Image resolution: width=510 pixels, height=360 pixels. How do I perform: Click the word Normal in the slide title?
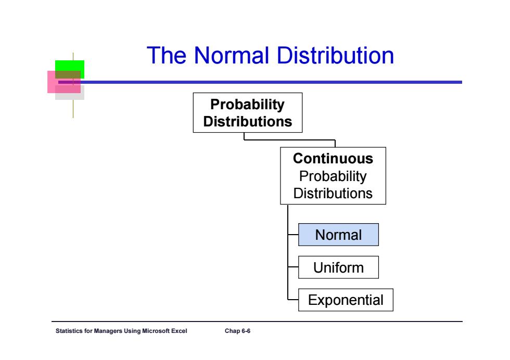click(232, 55)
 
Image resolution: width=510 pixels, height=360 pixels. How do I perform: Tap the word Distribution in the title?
click(335, 55)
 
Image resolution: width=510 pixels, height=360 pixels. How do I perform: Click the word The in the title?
click(166, 55)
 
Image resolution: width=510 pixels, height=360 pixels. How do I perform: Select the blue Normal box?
click(338, 235)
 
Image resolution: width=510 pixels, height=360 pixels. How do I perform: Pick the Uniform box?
click(338, 267)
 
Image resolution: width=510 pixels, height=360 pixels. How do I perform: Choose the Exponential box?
click(346, 300)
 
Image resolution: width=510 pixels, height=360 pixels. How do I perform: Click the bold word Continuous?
click(333, 159)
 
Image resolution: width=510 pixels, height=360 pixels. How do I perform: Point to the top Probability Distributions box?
click(248, 112)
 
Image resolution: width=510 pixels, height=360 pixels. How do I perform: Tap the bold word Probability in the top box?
click(248, 105)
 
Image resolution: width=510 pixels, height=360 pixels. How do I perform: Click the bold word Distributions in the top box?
click(248, 122)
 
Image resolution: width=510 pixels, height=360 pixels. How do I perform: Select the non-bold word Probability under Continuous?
click(333, 176)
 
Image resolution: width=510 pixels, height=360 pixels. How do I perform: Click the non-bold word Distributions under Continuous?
click(333, 193)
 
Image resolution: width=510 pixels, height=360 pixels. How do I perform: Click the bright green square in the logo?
click(70, 66)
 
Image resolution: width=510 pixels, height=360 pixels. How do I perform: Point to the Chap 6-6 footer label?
click(237, 331)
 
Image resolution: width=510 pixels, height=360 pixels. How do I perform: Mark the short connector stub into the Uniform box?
click(293, 267)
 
